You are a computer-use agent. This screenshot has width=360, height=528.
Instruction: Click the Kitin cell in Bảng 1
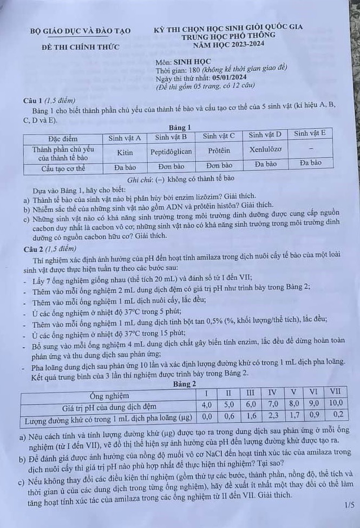pos(125,153)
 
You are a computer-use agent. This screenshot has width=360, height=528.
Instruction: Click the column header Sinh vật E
pos(310,133)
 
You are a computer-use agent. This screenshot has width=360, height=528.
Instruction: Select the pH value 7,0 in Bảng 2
pos(273,404)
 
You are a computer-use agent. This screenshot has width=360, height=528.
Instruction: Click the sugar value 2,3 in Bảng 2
pos(273,416)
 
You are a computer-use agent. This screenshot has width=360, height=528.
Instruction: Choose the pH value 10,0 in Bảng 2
pos(336,403)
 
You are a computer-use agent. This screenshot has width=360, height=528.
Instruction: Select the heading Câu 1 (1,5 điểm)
pos(48,101)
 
